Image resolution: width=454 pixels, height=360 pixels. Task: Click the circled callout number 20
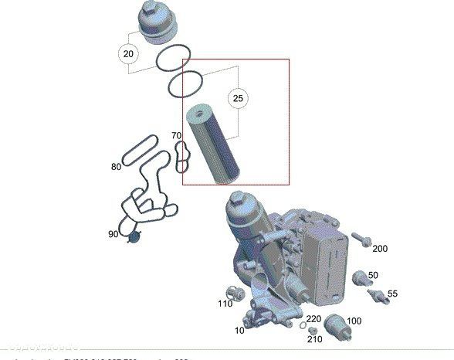click(127, 53)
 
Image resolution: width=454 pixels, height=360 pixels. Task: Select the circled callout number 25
click(238, 98)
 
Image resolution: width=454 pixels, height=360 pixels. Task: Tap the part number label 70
click(178, 136)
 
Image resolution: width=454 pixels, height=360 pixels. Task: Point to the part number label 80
click(116, 166)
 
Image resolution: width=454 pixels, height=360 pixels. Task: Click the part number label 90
click(113, 233)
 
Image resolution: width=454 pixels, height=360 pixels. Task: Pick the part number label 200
click(380, 249)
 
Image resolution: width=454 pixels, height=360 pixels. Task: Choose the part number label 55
click(392, 294)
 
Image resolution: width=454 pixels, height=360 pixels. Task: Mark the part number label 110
click(225, 304)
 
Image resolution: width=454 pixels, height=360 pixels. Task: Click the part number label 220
click(313, 318)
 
